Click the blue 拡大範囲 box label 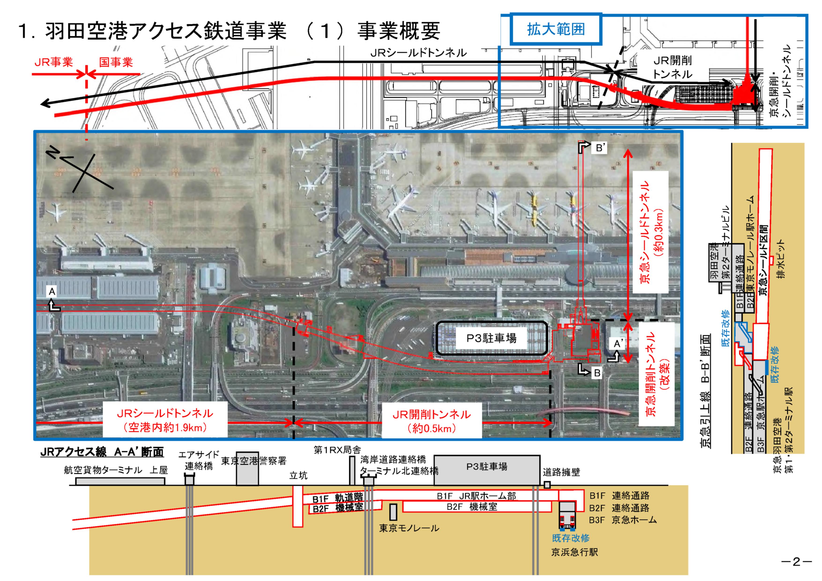pos(556,29)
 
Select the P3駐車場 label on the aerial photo pos(491,338)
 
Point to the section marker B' pos(600,148)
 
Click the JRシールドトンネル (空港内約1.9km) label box pos(165,420)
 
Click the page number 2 pos(796,561)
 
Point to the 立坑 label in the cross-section pos(298,475)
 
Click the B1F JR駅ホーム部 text pos(476,496)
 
